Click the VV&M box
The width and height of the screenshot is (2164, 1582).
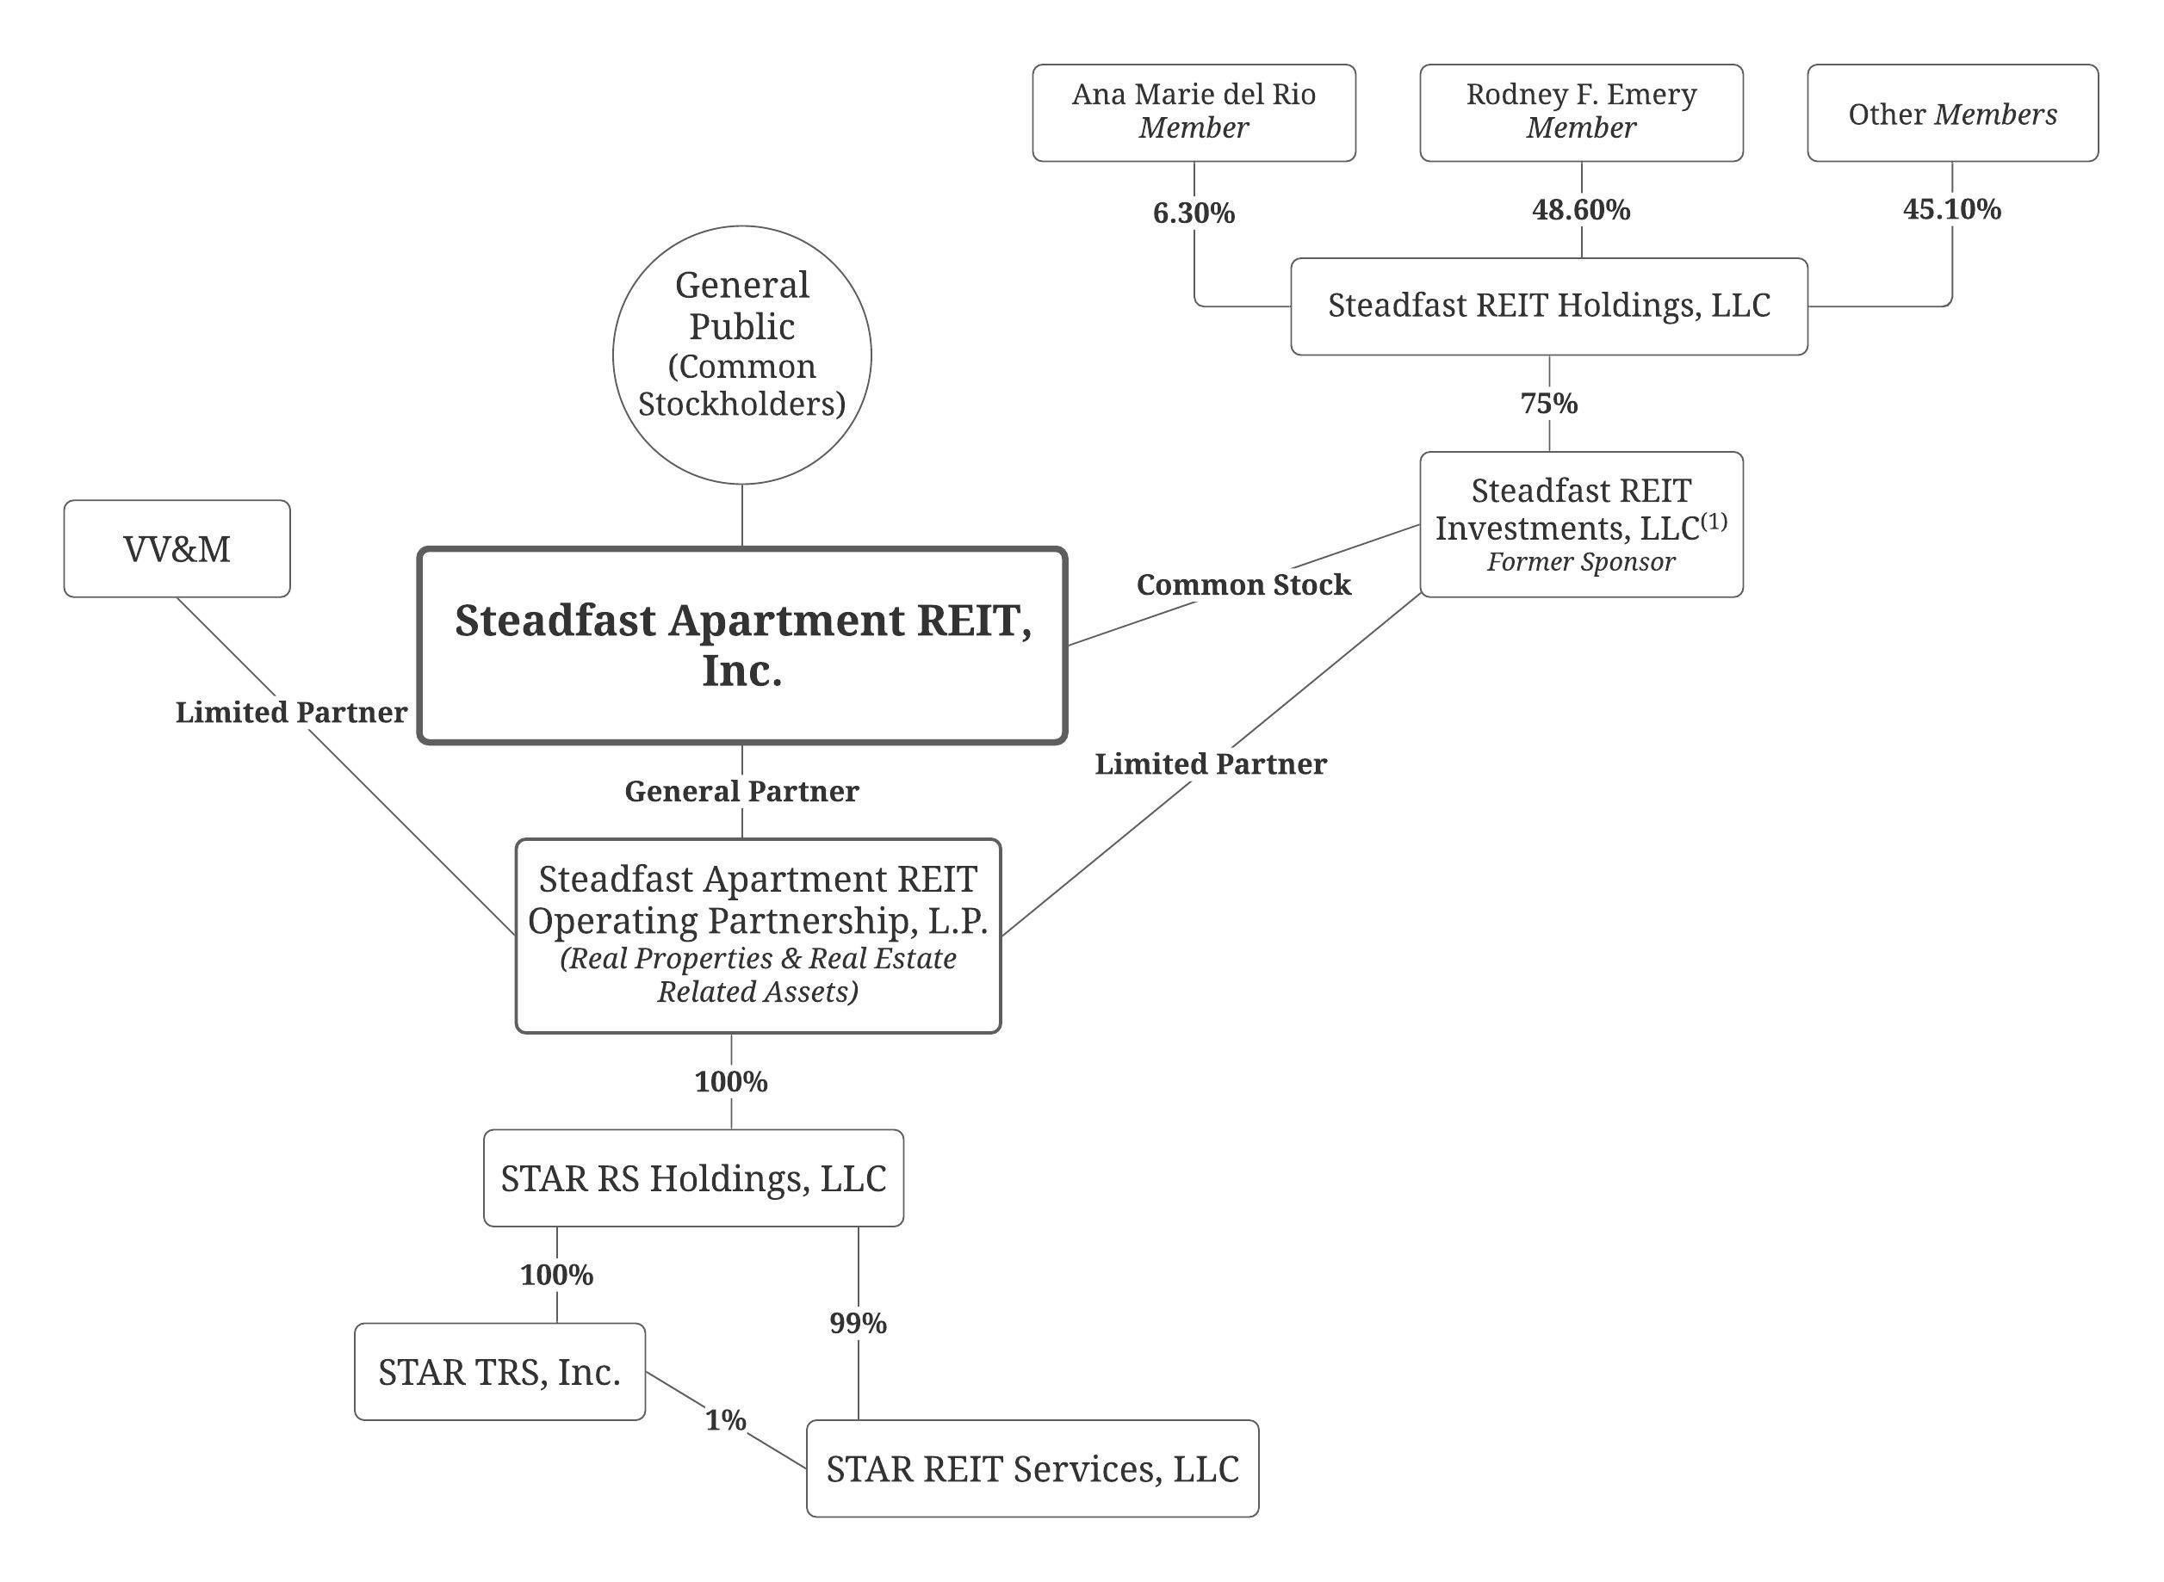tap(177, 549)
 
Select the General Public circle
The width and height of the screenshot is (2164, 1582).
tap(741, 355)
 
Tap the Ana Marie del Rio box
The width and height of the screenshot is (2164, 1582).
tap(1194, 113)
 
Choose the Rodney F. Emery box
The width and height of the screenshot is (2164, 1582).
tap(1581, 113)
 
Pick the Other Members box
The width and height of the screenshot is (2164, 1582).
tap(1952, 113)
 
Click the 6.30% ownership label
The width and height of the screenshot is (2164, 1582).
tap(1194, 213)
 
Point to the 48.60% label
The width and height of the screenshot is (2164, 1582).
tap(1581, 210)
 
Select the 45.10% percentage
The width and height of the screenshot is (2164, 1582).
tap(1951, 209)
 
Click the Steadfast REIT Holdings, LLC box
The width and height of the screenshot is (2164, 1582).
tap(1548, 306)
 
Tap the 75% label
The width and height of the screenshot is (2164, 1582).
tap(1549, 403)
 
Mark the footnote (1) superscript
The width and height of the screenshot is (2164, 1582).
tap(1714, 521)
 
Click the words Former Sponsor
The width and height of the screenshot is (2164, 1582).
tap(1581, 562)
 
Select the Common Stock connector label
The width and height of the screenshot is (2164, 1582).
tap(1243, 584)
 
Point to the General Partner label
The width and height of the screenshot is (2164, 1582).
tap(741, 791)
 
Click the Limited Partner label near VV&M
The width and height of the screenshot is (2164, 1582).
tap(291, 713)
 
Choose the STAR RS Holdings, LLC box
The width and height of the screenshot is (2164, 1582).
tap(692, 1177)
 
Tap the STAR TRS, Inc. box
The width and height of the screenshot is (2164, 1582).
tap(499, 1372)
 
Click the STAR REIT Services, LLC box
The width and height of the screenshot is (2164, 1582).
tap(1032, 1469)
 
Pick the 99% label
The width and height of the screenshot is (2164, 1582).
tap(858, 1324)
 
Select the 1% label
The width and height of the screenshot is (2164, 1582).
tap(725, 1420)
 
